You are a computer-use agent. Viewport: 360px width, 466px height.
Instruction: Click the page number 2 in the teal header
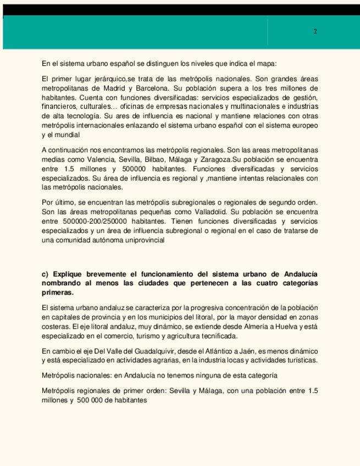[315, 31]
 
